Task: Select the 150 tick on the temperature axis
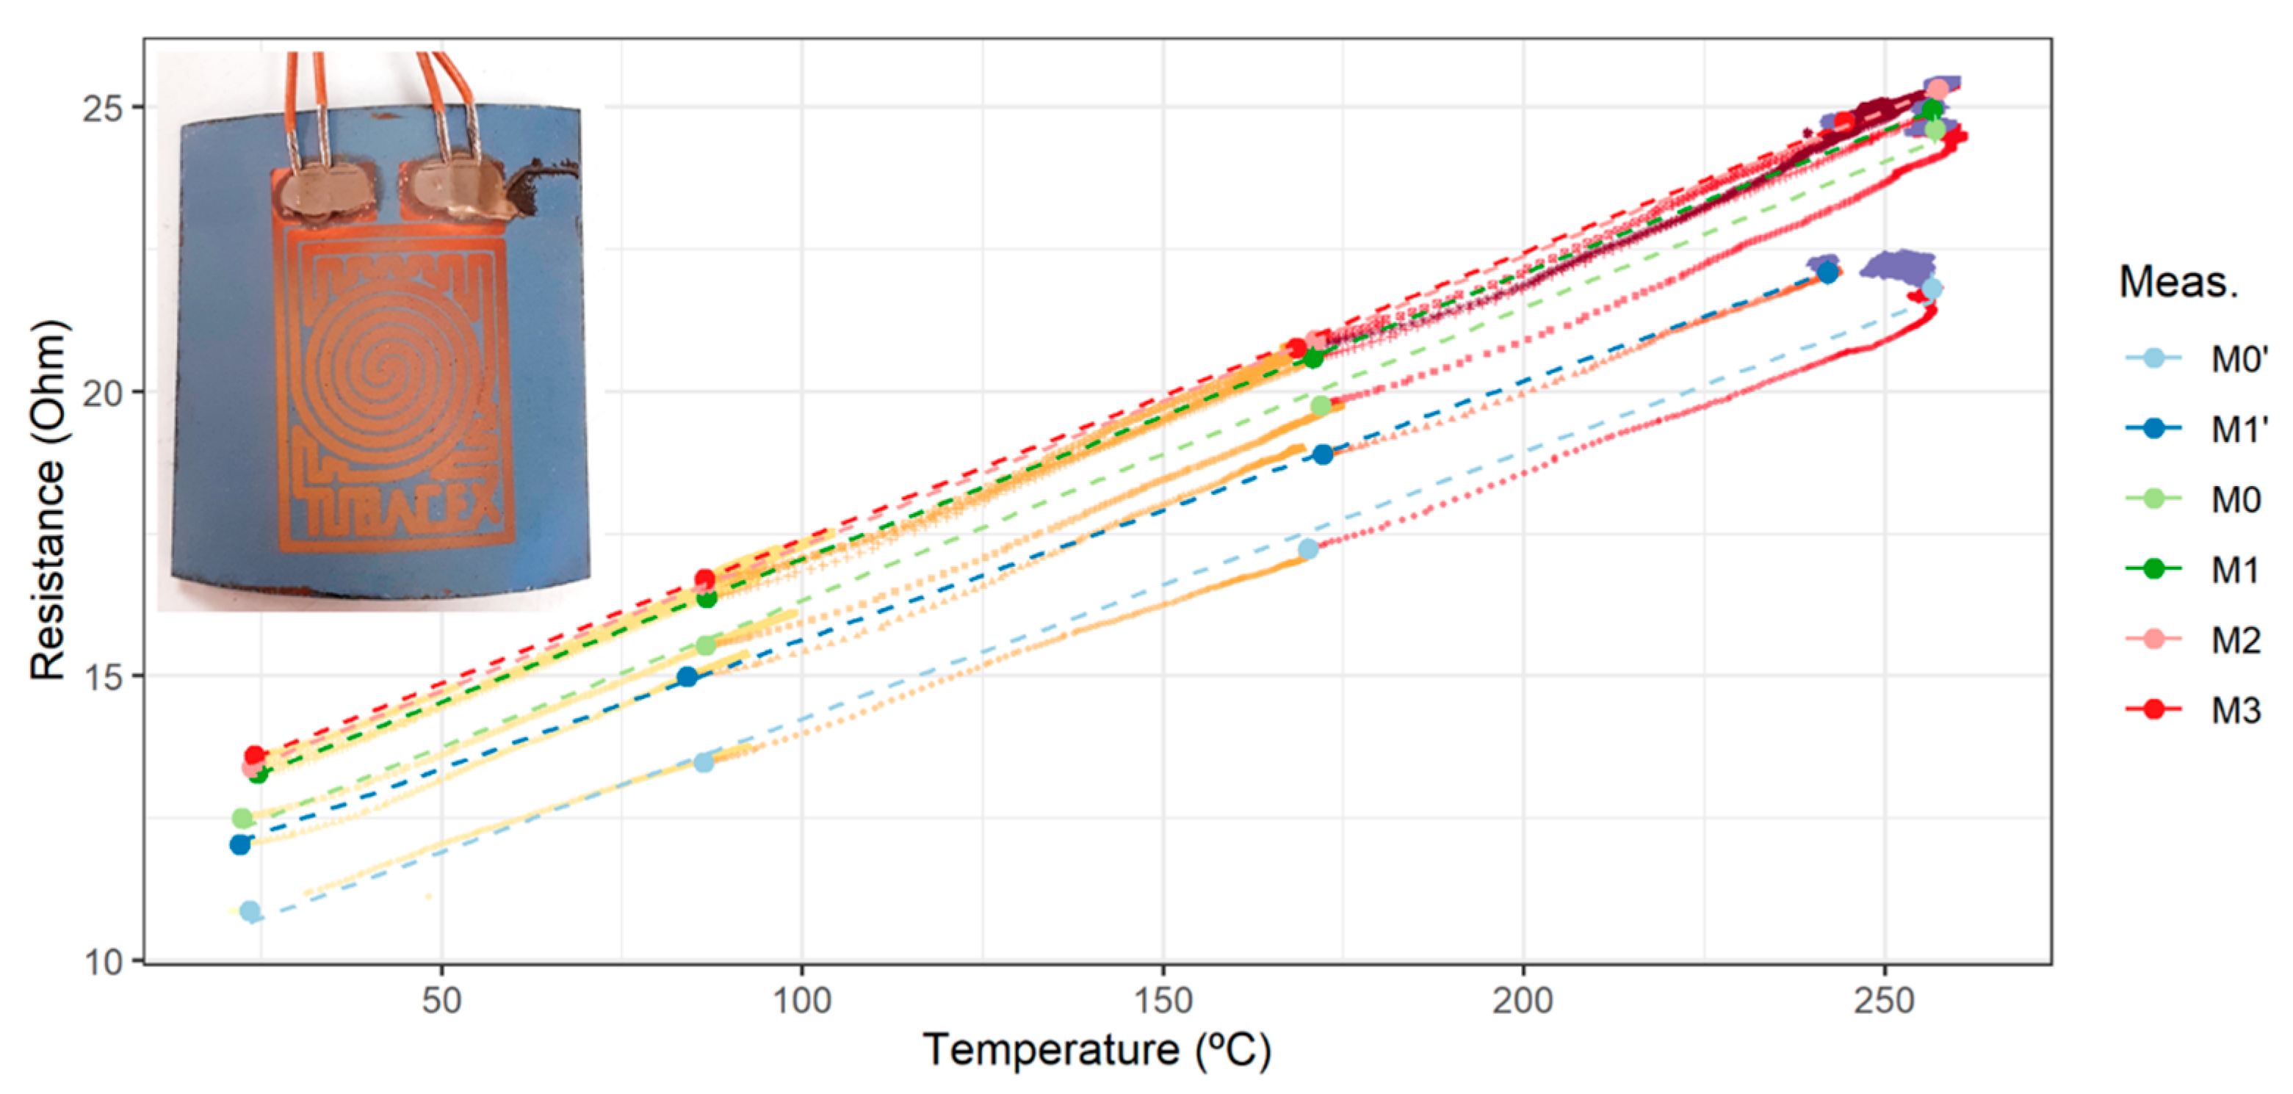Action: click(x=1163, y=1001)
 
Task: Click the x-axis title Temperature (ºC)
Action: click(x=1097, y=1051)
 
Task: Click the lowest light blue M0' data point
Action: click(x=250, y=911)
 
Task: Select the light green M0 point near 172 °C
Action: click(x=1321, y=406)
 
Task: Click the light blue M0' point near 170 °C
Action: click(x=1307, y=549)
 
